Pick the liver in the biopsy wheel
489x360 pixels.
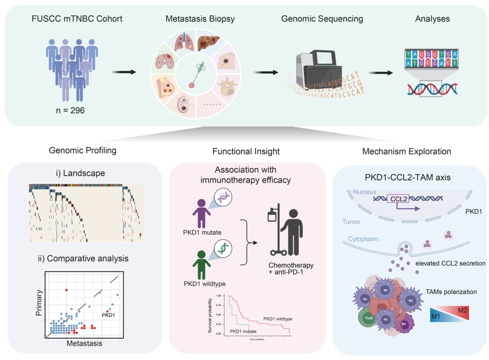coord(213,43)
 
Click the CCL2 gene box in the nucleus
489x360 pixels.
coord(398,199)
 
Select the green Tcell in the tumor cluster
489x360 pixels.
coord(366,320)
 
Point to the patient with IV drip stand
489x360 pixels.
coord(290,232)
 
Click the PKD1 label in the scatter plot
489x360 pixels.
coord(109,315)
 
